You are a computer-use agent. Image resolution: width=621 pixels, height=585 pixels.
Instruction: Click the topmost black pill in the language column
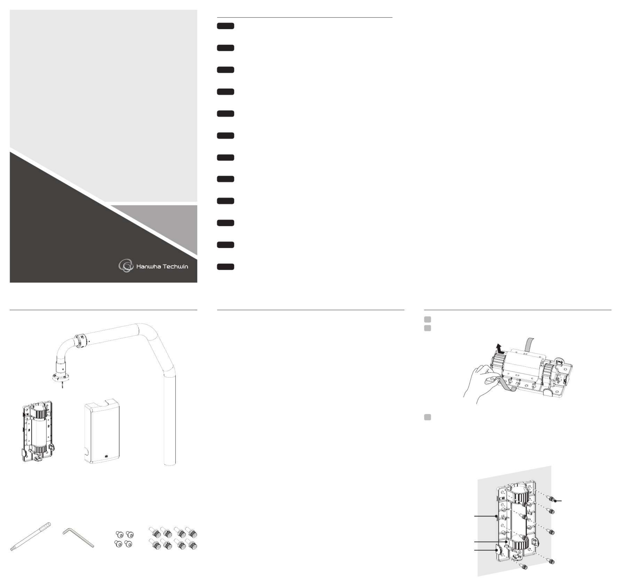coord(226,26)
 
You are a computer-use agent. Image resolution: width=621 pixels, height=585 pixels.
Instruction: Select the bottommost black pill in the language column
coord(226,267)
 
